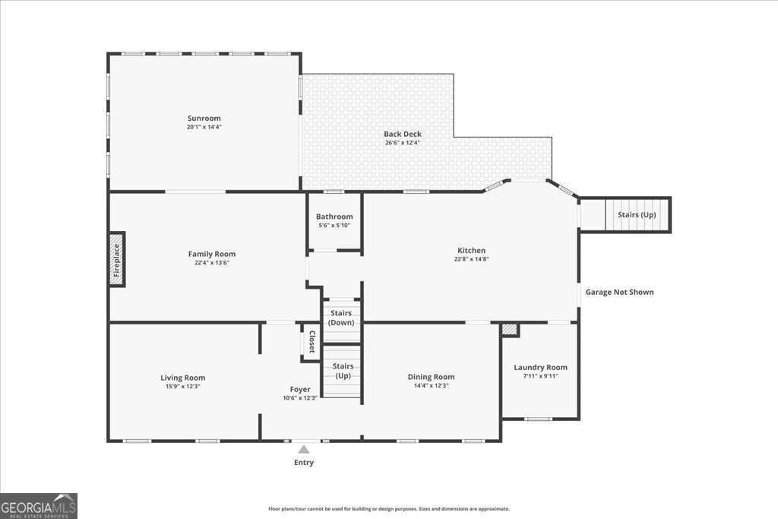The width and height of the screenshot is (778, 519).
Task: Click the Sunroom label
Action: [x=204, y=118]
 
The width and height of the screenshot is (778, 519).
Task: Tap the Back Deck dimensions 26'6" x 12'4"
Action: [x=402, y=143]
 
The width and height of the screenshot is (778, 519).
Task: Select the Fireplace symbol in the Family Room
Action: [x=116, y=259]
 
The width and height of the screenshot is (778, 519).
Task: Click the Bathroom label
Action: [x=334, y=217]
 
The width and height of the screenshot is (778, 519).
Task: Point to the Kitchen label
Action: [x=471, y=250]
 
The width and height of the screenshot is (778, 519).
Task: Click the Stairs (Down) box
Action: [x=341, y=318]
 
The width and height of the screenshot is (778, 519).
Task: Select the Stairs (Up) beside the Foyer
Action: [x=343, y=371]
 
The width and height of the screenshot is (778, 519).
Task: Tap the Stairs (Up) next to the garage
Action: [x=636, y=214]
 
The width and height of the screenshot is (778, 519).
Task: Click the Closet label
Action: [x=312, y=341]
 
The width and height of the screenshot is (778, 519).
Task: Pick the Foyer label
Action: [x=299, y=389]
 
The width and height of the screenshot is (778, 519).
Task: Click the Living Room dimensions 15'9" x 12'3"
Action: [x=182, y=387]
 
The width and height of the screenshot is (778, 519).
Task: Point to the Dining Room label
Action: [x=431, y=377]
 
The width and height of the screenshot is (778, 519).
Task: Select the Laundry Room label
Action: [x=540, y=367]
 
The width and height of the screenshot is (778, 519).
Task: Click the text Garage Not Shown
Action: [x=619, y=292]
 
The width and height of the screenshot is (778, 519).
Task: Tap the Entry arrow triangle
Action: [x=304, y=449]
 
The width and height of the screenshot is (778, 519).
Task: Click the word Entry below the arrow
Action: [x=304, y=463]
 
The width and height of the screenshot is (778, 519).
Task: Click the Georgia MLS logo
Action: [x=39, y=505]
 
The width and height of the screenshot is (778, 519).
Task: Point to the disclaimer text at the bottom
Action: [x=388, y=509]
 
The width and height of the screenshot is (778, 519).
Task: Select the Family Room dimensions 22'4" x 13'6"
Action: [x=211, y=263]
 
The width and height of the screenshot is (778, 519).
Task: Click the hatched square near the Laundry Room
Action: [x=509, y=330]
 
